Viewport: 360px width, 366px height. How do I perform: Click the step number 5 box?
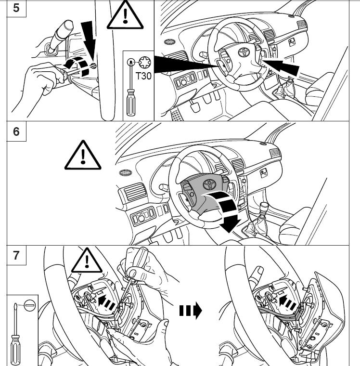(16, 9)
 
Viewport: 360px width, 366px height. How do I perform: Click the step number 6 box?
(16, 131)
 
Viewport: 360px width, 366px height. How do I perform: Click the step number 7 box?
(16, 255)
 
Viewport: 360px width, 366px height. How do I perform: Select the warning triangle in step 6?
(83, 156)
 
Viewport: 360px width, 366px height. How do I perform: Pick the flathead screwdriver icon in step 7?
(18, 332)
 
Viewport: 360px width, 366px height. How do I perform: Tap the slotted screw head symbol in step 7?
(30, 305)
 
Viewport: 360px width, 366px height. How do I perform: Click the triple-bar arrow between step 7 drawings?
(191, 311)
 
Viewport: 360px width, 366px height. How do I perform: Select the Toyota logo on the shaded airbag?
(209, 184)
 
